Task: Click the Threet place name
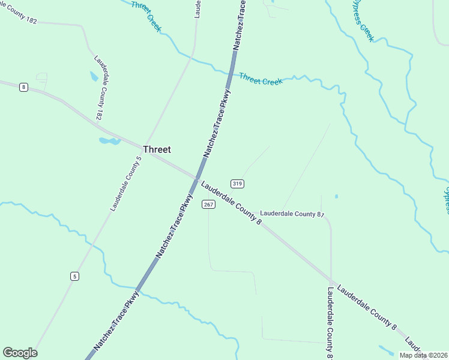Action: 157,150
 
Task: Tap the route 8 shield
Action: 23,87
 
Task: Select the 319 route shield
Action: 237,183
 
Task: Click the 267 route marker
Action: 208,205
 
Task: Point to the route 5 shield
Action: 74,276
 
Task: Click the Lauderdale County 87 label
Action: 292,214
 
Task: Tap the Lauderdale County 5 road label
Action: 125,184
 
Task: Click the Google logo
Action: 20,353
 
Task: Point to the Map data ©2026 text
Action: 423,355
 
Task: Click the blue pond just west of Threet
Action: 109,141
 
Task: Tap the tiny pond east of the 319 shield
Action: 336,196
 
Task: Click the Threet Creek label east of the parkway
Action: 261,79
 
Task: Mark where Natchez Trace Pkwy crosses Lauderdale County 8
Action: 197,178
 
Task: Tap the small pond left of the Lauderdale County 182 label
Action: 93,76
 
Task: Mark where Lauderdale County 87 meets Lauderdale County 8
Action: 331,280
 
